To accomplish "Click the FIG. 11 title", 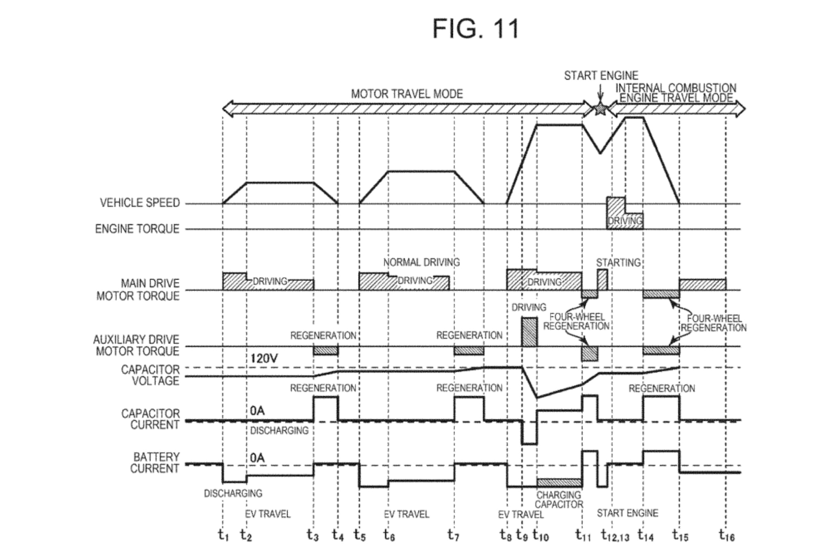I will click(x=476, y=29).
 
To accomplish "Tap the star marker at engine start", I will click(x=600, y=109).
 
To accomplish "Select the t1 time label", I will click(x=223, y=535).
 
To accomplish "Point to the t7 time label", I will click(x=453, y=535).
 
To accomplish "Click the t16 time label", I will click(x=726, y=535).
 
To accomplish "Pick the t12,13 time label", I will click(x=615, y=535).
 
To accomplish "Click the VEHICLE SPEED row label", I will click(x=140, y=203).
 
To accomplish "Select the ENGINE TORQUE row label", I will click(x=137, y=229).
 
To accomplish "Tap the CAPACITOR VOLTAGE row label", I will click(x=150, y=375).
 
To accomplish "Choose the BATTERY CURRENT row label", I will click(x=155, y=463).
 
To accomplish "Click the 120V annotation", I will click(x=264, y=359).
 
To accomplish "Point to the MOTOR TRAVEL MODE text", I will click(x=407, y=94).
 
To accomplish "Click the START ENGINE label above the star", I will click(x=601, y=76).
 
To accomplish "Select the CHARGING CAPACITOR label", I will click(x=559, y=500).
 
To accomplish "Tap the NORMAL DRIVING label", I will click(x=421, y=262).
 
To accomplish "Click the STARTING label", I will click(x=618, y=263).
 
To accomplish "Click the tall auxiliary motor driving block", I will click(x=529, y=332).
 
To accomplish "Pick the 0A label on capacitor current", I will click(x=257, y=411).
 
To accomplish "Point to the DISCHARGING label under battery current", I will click(x=233, y=493).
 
